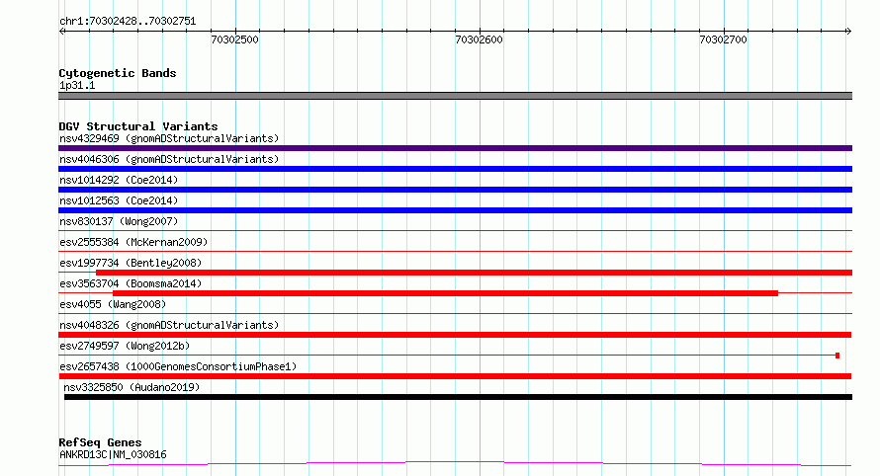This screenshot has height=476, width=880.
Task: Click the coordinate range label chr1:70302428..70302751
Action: (x=128, y=22)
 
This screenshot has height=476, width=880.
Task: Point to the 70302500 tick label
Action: (x=234, y=40)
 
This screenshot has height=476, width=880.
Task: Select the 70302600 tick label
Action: (x=479, y=40)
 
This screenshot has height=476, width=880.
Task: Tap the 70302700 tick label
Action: (x=723, y=40)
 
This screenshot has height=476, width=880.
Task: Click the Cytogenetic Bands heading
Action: (x=118, y=73)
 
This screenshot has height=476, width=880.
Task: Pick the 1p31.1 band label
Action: (x=77, y=86)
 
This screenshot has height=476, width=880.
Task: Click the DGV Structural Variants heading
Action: (x=138, y=126)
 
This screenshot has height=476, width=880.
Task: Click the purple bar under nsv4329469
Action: (x=455, y=148)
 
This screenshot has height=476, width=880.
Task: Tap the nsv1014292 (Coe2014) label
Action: (x=119, y=180)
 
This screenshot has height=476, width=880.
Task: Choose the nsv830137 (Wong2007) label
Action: (x=119, y=221)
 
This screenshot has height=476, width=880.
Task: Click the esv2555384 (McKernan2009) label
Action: (x=133, y=242)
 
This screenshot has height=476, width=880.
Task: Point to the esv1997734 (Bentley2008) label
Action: (x=131, y=263)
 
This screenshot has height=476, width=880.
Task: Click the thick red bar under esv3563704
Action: (x=446, y=293)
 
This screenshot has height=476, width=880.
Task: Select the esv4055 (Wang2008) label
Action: (x=113, y=304)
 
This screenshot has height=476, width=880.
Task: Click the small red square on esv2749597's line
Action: (x=837, y=356)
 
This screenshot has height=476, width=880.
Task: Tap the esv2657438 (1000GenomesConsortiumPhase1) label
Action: (x=178, y=366)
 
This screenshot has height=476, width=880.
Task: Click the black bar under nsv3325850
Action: (x=459, y=397)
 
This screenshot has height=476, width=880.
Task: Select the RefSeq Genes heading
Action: (x=100, y=443)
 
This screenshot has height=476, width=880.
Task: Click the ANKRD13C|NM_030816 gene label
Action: (x=113, y=454)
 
